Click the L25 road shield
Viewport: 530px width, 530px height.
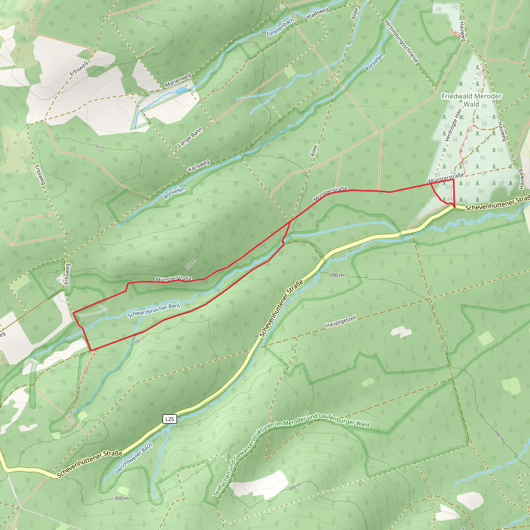click(170, 419)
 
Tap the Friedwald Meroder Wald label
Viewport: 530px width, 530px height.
click(471, 100)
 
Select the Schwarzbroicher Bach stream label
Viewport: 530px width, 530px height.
click(154, 311)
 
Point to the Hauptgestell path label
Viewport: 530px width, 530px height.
click(341, 321)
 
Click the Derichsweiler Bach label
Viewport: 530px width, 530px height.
click(133, 459)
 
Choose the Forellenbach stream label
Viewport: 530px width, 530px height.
click(280, 27)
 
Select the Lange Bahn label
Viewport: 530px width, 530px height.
click(190, 137)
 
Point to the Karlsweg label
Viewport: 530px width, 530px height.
click(199, 166)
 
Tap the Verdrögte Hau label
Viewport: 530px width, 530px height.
click(453, 125)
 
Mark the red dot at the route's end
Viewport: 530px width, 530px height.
click(454, 206)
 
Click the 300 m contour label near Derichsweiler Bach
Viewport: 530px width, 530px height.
click(121, 498)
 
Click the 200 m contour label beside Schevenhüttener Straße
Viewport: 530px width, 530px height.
click(337, 275)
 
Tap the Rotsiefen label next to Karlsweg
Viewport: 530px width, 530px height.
click(174, 193)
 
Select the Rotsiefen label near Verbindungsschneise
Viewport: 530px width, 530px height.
click(374, 62)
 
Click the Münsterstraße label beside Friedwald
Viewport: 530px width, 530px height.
click(446, 178)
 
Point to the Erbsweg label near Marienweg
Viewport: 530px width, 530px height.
click(79, 68)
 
